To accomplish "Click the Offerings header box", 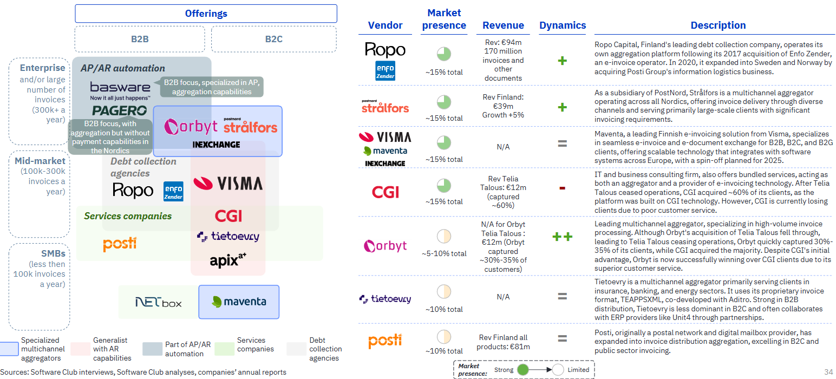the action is click(x=206, y=14).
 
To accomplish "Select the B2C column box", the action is click(x=274, y=39).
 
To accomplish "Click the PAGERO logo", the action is click(x=120, y=110).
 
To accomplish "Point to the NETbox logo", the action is click(x=158, y=302).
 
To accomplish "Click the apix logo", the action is click(x=228, y=260).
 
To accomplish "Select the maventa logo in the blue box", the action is click(x=239, y=302).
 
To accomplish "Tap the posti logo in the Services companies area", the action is click(x=120, y=244).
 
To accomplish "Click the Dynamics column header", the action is click(x=563, y=25).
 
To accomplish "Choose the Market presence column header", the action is click(x=444, y=19).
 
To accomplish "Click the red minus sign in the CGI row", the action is click(x=563, y=188).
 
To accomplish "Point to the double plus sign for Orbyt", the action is click(x=563, y=237).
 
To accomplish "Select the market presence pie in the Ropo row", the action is click(x=444, y=54).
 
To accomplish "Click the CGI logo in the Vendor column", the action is click(x=385, y=192).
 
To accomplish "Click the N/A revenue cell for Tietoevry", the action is click(x=503, y=297).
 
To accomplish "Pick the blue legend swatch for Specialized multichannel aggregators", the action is click(x=9, y=349).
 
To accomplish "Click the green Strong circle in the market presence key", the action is click(x=523, y=370).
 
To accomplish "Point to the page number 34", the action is click(x=828, y=372).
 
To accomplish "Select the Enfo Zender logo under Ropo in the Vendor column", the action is click(x=385, y=71).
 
